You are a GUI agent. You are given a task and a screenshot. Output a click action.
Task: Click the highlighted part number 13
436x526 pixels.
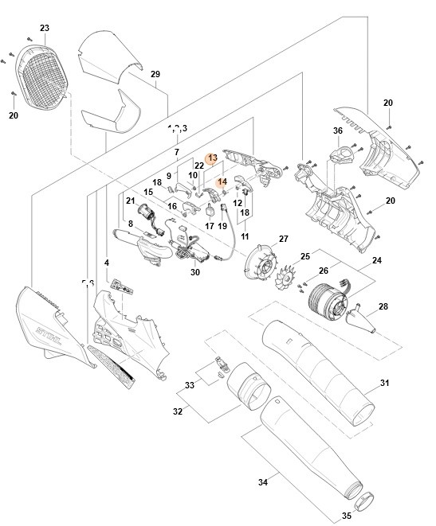pyautogui.click(x=212, y=158)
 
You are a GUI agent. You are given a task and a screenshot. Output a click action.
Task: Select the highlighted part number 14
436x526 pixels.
pyautogui.click(x=223, y=181)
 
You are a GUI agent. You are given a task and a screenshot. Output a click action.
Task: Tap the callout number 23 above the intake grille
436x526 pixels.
pyautogui.click(x=45, y=29)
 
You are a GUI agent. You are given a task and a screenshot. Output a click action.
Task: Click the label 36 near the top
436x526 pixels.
pyautogui.click(x=337, y=131)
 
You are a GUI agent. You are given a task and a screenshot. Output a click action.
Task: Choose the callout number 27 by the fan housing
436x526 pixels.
pyautogui.click(x=283, y=239)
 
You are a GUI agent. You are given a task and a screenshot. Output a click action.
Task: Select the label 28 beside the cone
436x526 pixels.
pyautogui.click(x=383, y=306)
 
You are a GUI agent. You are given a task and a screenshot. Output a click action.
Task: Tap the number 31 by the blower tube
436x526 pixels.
pyautogui.click(x=384, y=384)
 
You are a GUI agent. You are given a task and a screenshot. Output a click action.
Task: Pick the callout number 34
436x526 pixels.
pyautogui.click(x=263, y=481)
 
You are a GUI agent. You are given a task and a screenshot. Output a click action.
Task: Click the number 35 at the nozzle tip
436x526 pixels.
pyautogui.click(x=347, y=515)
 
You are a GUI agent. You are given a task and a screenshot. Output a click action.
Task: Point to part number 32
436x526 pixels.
pyautogui.click(x=177, y=411)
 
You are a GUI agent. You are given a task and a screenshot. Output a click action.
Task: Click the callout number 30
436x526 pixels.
pyautogui.click(x=195, y=272)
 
